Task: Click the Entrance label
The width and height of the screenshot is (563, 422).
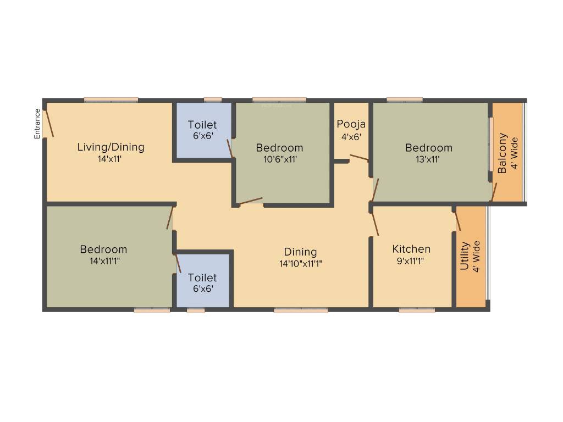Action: coord(37,124)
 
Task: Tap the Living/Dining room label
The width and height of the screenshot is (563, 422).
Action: coord(111,147)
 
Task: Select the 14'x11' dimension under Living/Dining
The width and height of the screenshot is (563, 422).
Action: coord(111,160)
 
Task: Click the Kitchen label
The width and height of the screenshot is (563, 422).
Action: coord(411,249)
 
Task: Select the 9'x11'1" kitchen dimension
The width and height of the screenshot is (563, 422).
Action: coord(411,262)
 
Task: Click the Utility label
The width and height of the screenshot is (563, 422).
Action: coord(465,256)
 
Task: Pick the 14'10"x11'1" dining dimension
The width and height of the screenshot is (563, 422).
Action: coord(300,264)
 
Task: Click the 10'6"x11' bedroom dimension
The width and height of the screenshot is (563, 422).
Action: coord(279,160)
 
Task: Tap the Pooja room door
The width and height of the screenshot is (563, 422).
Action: coord(359,158)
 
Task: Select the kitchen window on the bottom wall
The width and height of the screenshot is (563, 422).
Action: coord(416,310)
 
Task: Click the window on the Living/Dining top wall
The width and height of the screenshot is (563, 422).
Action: coord(111,100)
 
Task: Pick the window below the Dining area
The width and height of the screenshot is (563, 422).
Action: coord(300,310)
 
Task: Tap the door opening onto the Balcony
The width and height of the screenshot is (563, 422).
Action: coord(494,192)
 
